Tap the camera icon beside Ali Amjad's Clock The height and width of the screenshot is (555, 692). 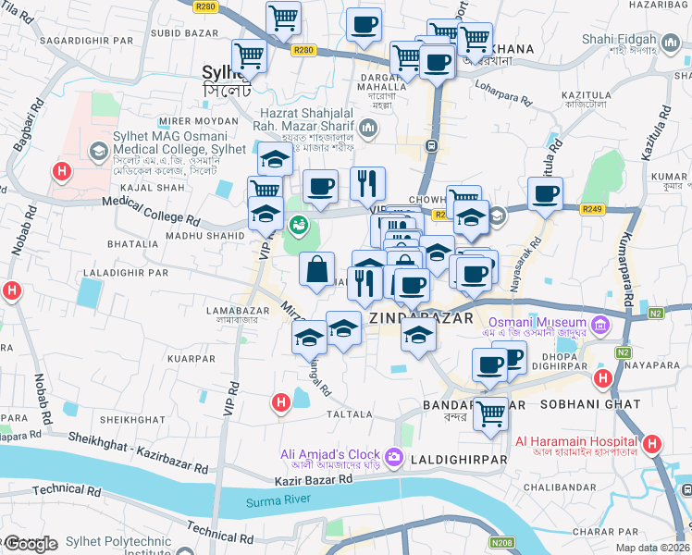tap(394, 456)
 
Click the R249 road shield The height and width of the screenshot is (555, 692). tap(593, 210)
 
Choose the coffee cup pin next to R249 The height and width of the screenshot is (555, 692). tap(545, 195)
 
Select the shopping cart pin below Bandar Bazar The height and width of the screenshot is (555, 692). tap(490, 413)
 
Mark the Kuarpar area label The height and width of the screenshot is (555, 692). tap(192, 357)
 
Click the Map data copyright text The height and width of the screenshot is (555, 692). tap(653, 548)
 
